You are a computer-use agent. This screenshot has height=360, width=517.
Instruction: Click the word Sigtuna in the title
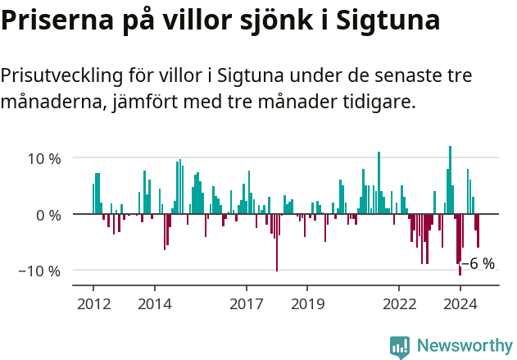383,21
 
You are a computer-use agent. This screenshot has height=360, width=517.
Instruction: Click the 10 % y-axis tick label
43,158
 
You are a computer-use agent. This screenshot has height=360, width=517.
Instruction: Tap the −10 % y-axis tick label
39,271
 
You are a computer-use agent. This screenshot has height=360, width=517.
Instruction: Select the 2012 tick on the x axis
93,304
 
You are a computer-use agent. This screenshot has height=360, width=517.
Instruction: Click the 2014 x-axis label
154,304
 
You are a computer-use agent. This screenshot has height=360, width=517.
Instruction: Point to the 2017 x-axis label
246,304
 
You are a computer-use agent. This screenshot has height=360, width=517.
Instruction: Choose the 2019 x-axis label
307,304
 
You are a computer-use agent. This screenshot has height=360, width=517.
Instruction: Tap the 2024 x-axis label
460,304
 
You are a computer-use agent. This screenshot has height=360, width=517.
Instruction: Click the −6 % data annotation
478,263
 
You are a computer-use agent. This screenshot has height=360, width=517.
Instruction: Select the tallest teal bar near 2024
450,180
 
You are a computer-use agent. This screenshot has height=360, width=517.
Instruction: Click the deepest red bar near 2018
277,242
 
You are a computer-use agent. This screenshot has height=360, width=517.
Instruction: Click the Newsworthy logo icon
400,347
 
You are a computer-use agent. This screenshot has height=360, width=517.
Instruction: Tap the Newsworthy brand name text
465,346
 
